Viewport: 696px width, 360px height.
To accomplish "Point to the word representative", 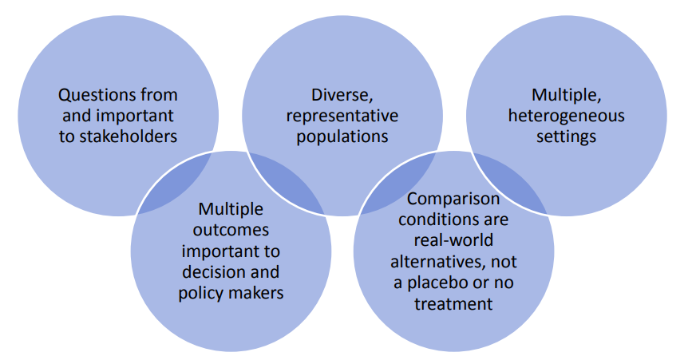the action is point(342,116).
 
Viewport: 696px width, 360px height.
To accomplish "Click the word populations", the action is point(342,136).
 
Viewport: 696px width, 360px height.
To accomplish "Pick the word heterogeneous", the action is point(566,116).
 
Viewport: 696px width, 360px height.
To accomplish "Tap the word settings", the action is point(566,136).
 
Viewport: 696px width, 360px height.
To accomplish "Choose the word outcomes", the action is point(231,230).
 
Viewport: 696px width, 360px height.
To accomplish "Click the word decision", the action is point(212,271).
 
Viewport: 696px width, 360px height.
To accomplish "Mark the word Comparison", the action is point(453,199).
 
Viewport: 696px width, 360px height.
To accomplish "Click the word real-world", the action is point(453,240).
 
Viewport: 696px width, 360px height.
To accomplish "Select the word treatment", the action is point(453,303).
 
